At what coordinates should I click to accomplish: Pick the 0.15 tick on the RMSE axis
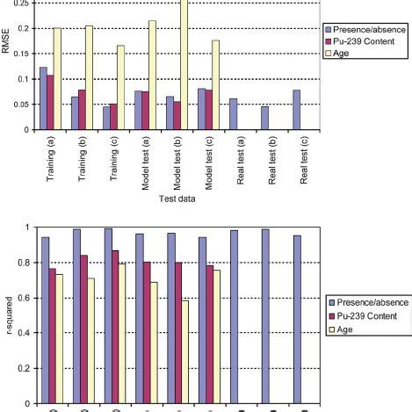coord(21,54)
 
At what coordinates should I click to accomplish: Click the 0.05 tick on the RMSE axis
coord(21,105)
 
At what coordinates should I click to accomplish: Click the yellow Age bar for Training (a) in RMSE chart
coord(57,79)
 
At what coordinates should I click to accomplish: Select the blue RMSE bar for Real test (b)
coord(264,118)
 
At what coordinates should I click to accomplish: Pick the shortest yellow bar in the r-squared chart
coord(184,352)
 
